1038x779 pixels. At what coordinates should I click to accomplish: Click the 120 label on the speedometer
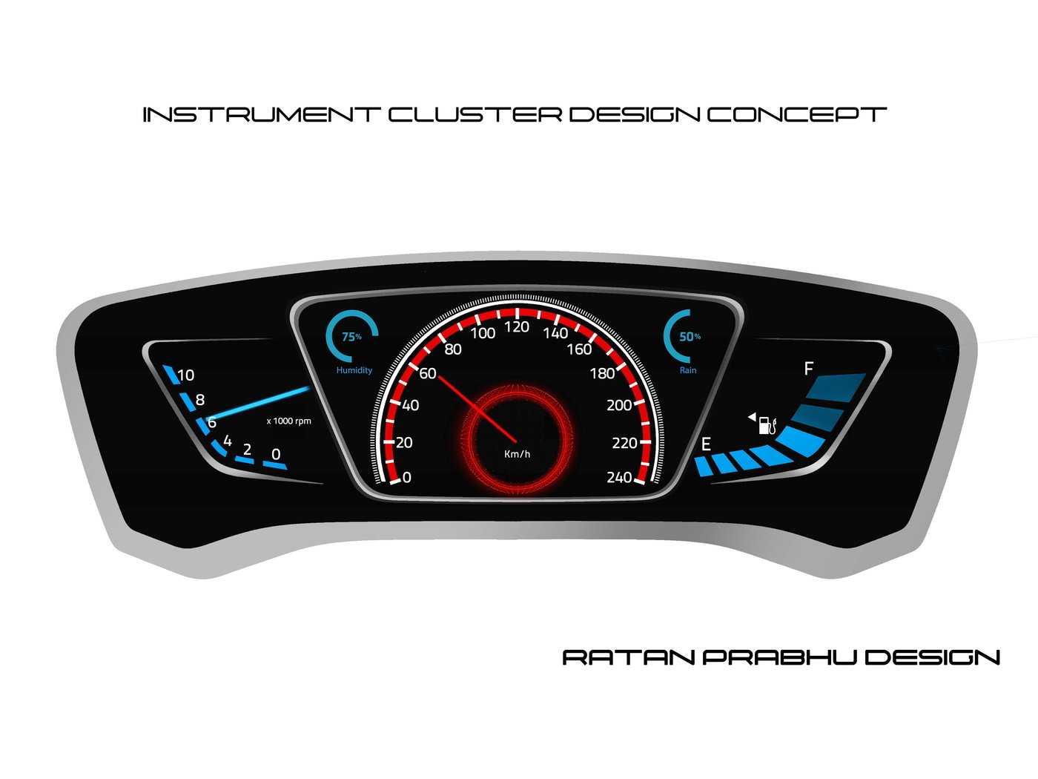(517, 327)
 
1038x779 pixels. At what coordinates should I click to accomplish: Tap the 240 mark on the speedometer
(619, 477)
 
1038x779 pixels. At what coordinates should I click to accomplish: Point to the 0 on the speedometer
(406, 478)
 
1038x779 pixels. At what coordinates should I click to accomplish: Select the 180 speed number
(602, 373)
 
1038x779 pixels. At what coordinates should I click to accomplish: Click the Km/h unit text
(517, 454)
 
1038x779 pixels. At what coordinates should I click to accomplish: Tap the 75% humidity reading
(351, 337)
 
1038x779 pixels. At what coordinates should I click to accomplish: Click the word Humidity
(354, 370)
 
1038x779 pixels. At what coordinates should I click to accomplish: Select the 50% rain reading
(690, 337)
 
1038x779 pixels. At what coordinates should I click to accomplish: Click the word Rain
(688, 370)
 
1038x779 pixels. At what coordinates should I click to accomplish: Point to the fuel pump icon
(767, 425)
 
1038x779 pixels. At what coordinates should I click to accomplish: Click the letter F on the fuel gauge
(809, 369)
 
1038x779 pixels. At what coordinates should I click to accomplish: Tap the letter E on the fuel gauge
(706, 444)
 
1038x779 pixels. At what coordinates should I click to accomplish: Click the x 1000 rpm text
(288, 421)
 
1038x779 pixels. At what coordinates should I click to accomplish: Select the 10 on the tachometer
(185, 375)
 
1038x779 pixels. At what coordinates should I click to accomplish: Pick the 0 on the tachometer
(276, 454)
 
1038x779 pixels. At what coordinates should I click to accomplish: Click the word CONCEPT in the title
(796, 115)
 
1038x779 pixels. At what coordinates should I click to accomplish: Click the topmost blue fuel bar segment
(837, 387)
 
